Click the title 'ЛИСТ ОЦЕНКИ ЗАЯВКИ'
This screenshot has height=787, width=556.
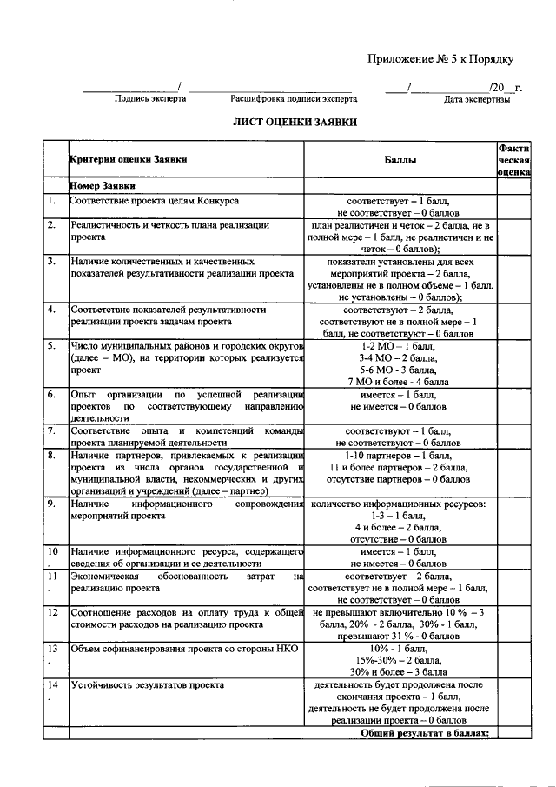295,123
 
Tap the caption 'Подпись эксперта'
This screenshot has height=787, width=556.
149,99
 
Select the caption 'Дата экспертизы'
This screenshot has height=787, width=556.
476,100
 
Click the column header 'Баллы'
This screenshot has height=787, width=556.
400,160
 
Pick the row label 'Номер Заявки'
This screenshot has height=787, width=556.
102,186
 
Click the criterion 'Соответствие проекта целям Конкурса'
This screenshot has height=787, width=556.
155,201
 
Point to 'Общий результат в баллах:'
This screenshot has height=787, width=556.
426,732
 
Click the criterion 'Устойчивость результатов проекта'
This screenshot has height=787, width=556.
148,684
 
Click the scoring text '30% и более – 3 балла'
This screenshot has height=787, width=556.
400,671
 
